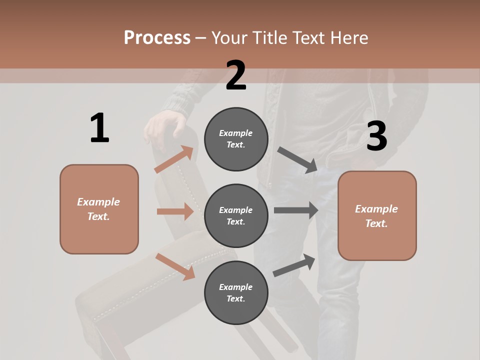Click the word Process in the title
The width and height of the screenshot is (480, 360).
(x=157, y=38)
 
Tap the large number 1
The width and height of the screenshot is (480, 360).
(x=99, y=128)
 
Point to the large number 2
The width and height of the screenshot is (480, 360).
(x=236, y=75)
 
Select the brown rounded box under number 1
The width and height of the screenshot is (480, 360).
(x=99, y=209)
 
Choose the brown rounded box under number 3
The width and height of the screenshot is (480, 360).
(x=377, y=216)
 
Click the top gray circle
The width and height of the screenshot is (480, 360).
(x=236, y=139)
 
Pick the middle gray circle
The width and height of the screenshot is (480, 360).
(x=236, y=215)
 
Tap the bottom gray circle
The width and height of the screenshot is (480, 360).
(x=236, y=292)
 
